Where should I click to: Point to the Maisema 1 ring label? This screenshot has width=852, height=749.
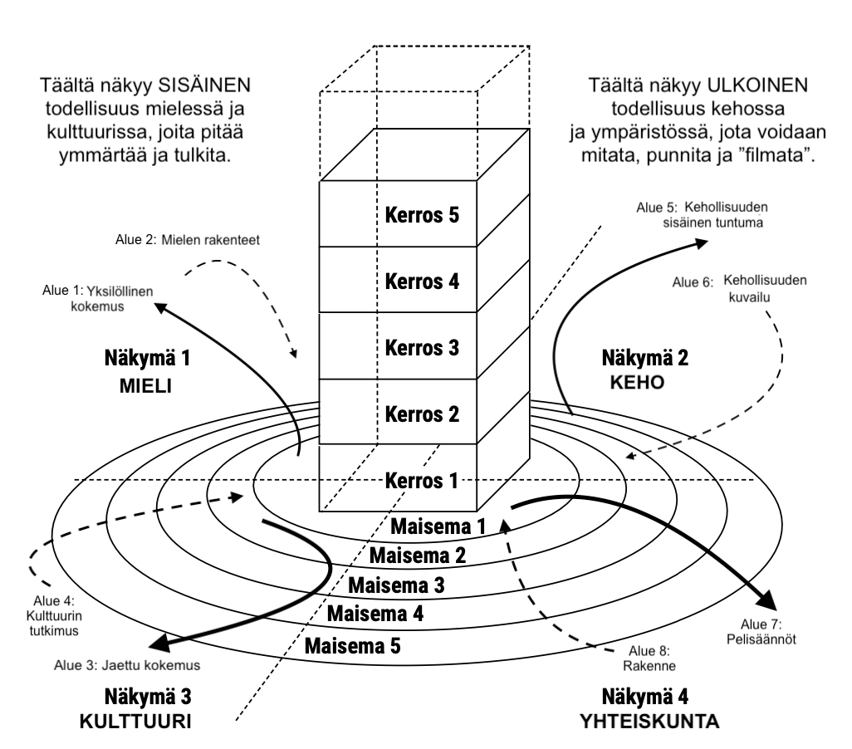coord(438,526)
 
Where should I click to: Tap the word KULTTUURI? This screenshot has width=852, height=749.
coord(135,722)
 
